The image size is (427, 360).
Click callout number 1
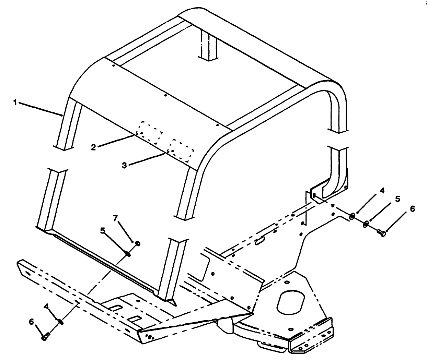[x=15, y=102]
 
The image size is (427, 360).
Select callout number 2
[x=93, y=147]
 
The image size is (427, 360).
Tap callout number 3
[x=124, y=165]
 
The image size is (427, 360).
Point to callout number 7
[x=115, y=218]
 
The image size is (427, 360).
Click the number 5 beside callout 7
[x=102, y=231]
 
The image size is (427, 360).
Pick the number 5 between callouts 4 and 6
[x=397, y=199]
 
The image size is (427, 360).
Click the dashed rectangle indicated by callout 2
[x=150, y=132]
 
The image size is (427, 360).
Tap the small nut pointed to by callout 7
[x=138, y=243]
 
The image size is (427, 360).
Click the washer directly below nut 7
[x=128, y=254]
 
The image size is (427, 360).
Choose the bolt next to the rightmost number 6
[x=381, y=233]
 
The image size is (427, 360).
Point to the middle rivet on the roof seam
[x=165, y=96]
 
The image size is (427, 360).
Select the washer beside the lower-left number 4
[x=60, y=321]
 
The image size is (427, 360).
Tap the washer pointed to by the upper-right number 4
[x=352, y=216]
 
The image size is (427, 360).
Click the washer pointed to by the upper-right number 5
[x=366, y=224]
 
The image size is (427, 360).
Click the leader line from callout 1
[x=41, y=108]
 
